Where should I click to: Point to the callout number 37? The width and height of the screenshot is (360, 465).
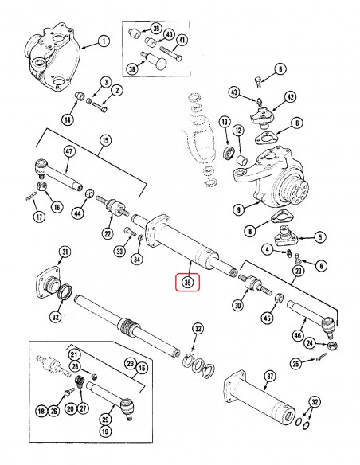tap(269, 377)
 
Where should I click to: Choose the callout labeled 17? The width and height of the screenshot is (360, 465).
tap(38, 215)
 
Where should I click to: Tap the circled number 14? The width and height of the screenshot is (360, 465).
tap(67, 120)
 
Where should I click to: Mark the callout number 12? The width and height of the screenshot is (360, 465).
tap(237, 130)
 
